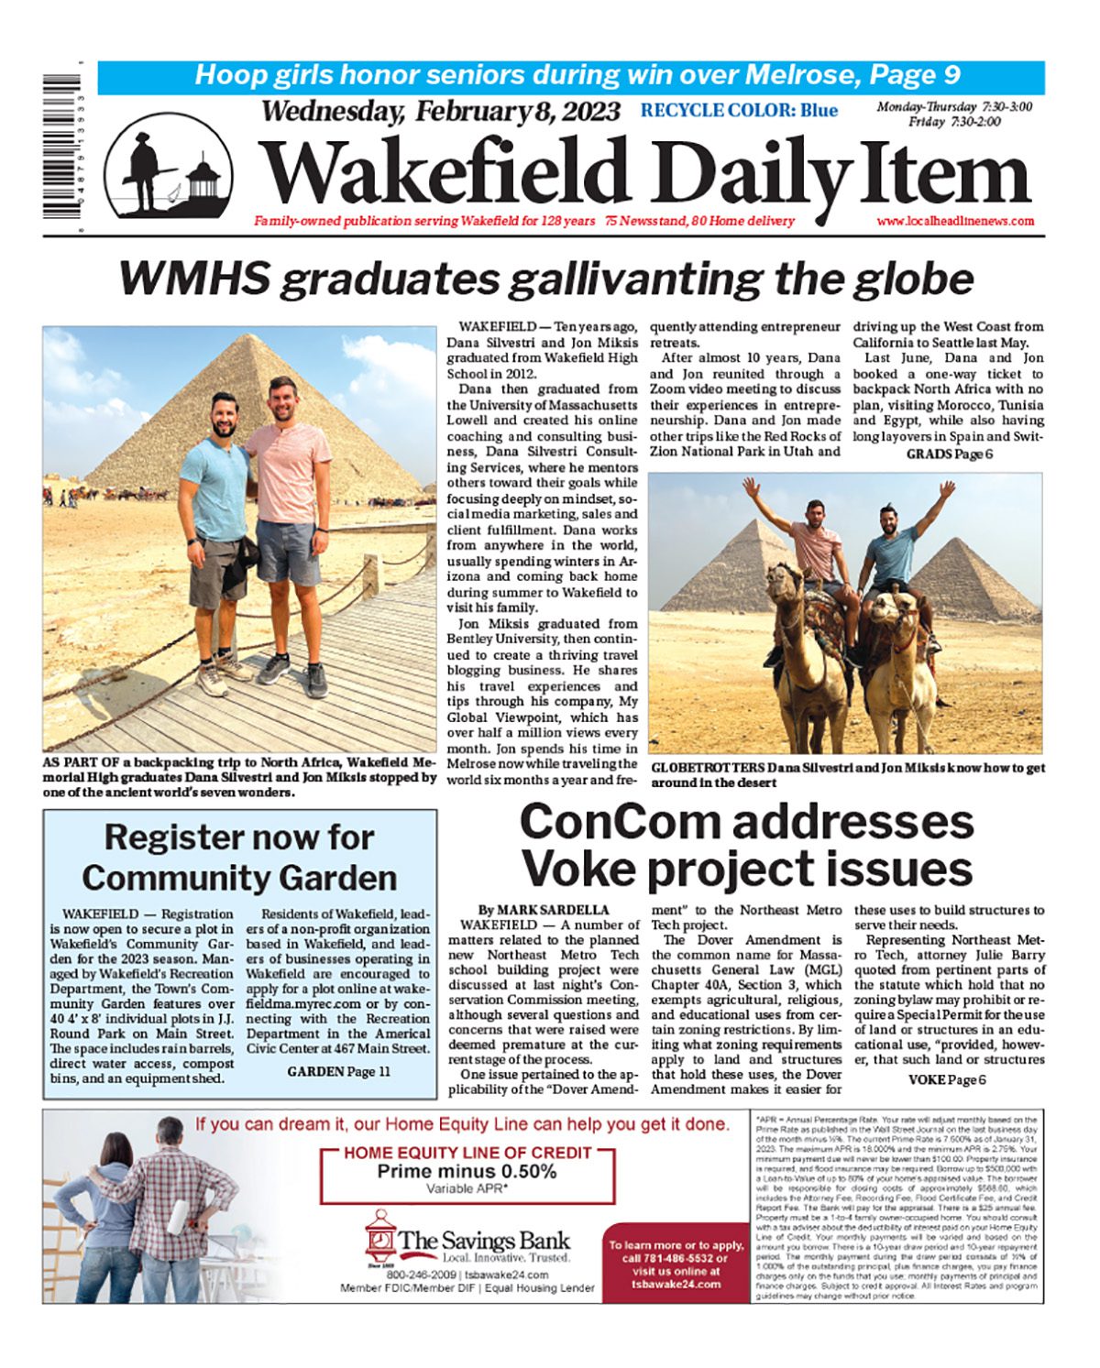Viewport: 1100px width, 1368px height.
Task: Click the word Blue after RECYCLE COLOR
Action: (x=819, y=111)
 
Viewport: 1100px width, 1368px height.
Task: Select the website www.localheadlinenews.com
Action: (x=955, y=221)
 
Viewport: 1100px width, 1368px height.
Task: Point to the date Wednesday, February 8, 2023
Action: (x=441, y=112)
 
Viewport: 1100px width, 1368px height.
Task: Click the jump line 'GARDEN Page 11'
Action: (x=338, y=1071)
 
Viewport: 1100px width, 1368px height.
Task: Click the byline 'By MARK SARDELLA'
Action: (x=544, y=910)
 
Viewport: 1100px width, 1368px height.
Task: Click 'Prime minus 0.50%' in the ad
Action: (x=467, y=1171)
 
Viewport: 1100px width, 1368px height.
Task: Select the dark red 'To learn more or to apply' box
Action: (x=676, y=1263)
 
